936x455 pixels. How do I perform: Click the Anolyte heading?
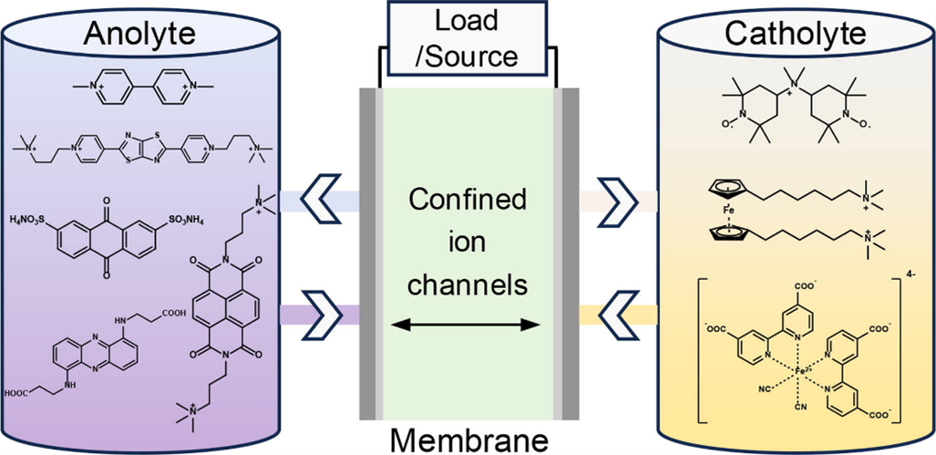point(139,35)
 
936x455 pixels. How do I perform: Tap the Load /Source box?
point(468,38)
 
